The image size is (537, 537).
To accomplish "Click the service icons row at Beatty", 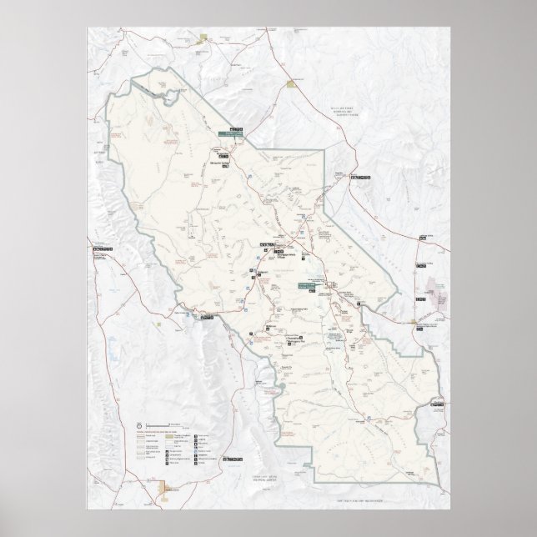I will pyautogui.click(x=361, y=178).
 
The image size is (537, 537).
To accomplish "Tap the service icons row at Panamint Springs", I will pyautogui.click(x=206, y=318).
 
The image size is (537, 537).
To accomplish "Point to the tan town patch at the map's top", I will pyautogui.click(x=203, y=37).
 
